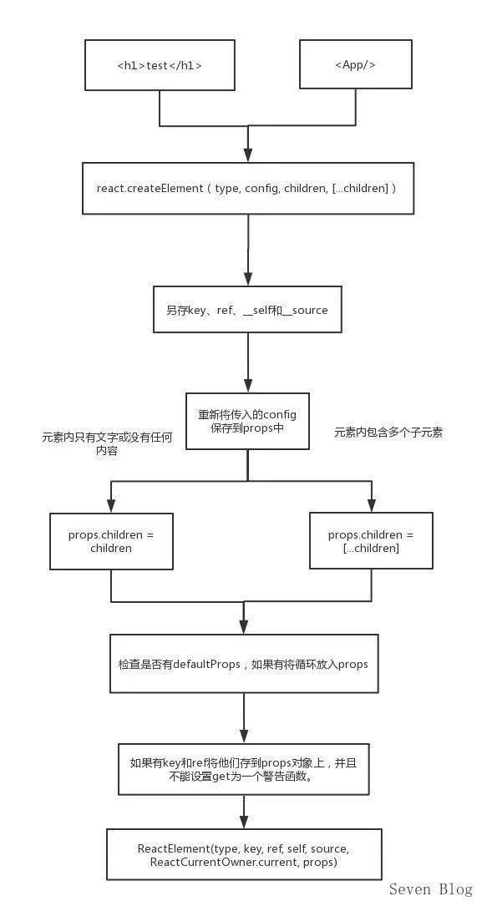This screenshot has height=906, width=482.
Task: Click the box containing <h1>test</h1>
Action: tap(160, 65)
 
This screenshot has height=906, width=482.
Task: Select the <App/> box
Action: tap(355, 65)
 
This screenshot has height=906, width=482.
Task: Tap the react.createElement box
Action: tap(248, 189)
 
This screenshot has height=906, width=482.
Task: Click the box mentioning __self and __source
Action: tap(247, 310)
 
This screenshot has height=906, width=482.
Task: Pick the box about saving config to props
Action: tap(247, 421)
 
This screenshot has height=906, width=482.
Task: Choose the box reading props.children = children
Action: tap(111, 541)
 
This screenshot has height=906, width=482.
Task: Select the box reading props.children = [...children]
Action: tap(371, 541)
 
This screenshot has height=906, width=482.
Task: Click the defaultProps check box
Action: tap(244, 663)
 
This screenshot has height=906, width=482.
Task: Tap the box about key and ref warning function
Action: tap(244, 770)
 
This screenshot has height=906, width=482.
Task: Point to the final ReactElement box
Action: tap(244, 854)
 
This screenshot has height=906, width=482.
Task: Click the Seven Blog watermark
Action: tap(430, 889)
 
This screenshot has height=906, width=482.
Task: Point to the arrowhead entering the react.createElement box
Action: tap(248, 154)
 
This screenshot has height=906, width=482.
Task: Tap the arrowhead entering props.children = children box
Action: tap(111, 505)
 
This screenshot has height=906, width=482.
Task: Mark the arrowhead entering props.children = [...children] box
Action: tap(372, 505)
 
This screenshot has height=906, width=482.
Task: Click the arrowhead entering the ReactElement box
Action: tap(244, 821)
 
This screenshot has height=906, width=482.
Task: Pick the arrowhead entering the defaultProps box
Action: tap(244, 626)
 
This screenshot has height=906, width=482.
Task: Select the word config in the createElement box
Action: tap(261, 189)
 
